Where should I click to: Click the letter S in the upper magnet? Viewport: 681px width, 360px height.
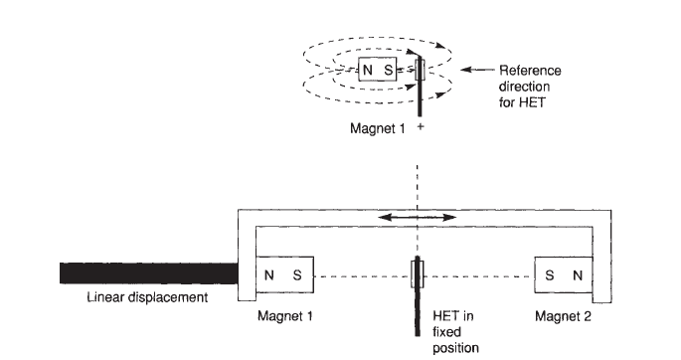[x=388, y=72]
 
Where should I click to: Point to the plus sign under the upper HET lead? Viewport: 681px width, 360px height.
[x=421, y=128]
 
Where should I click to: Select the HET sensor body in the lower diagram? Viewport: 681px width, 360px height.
[x=418, y=273]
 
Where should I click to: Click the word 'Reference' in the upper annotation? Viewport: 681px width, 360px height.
[x=530, y=71]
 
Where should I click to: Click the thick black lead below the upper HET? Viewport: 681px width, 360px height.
[x=420, y=100]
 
